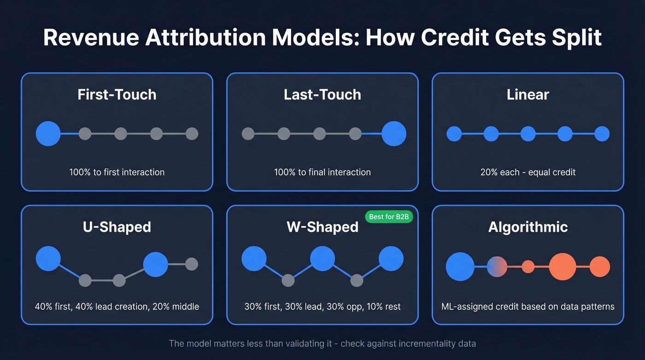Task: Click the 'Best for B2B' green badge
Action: (x=389, y=217)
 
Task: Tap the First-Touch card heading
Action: (x=117, y=94)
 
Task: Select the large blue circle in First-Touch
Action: (x=48, y=134)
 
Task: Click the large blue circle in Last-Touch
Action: (x=394, y=134)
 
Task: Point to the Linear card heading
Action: (x=528, y=94)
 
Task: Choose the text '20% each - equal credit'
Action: (x=528, y=172)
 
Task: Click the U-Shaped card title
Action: (x=117, y=227)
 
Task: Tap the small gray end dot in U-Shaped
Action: (x=192, y=264)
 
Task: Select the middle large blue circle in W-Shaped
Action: (x=322, y=259)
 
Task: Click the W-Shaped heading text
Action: (x=322, y=227)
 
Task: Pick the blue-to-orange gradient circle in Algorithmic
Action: (x=497, y=266)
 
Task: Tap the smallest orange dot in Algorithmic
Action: (x=528, y=266)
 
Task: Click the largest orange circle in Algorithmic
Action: (x=563, y=266)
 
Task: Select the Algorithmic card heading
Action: (x=528, y=227)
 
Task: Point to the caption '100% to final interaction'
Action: (x=322, y=172)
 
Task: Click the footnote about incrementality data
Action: (x=322, y=343)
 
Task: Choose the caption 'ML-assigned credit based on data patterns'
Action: (x=528, y=307)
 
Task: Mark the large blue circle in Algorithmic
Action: (x=460, y=266)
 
